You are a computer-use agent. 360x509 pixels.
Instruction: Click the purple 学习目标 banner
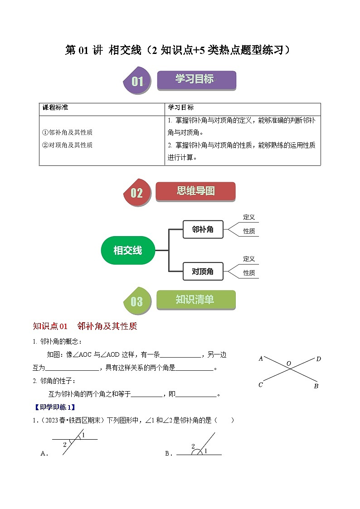pos(196,80)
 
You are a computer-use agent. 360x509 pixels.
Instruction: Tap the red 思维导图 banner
pos(195,191)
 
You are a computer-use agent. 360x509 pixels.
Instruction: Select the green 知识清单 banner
pos(196,300)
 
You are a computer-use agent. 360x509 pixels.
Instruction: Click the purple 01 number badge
pos(137,82)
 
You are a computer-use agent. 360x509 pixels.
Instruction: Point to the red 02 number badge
pos(136,193)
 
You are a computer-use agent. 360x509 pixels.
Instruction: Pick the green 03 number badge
pos(136,301)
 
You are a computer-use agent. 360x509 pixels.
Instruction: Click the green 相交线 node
pos(127,250)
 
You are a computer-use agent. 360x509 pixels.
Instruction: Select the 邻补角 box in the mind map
pos(203,229)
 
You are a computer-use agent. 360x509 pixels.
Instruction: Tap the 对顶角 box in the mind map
pos(203,271)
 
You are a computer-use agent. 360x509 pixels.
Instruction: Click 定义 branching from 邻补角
pos(249,217)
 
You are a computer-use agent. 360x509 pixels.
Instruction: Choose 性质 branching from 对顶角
pos(249,273)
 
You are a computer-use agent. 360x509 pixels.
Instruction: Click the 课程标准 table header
pos(55,108)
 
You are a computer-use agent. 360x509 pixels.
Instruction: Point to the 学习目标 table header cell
pos(181,108)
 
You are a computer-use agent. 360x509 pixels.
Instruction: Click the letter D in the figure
pos(318,359)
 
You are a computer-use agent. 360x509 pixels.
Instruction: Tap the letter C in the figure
pos(261,385)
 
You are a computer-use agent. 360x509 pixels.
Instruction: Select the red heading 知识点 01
pos(50,326)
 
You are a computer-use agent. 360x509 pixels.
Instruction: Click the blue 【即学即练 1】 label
pos(54,407)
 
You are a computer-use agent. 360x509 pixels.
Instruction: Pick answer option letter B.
pos(167,453)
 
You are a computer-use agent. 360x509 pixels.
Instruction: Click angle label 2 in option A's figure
pos(65,445)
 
